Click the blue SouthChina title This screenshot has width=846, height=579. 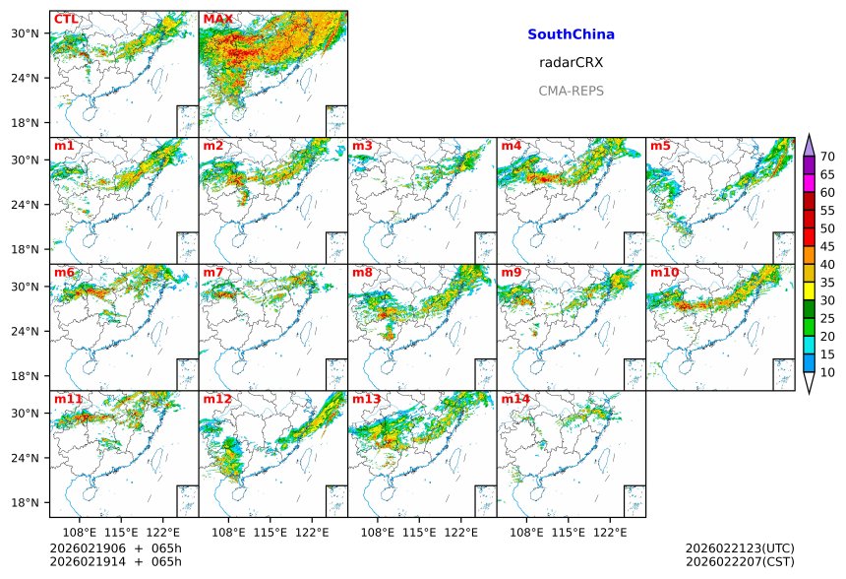click(571, 34)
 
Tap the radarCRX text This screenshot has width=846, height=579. click(571, 62)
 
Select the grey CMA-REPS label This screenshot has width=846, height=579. click(571, 91)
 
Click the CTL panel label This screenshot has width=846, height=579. click(66, 20)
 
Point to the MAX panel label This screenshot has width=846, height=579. click(217, 20)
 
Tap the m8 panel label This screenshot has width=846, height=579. click(362, 273)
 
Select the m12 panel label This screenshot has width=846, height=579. click(217, 400)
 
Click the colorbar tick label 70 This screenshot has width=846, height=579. click(827, 157)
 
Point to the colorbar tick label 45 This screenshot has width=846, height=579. click(827, 247)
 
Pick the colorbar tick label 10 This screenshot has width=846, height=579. click(827, 372)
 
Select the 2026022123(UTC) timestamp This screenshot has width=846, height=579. click(739, 547)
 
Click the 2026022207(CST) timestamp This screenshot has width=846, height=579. click(739, 561)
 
